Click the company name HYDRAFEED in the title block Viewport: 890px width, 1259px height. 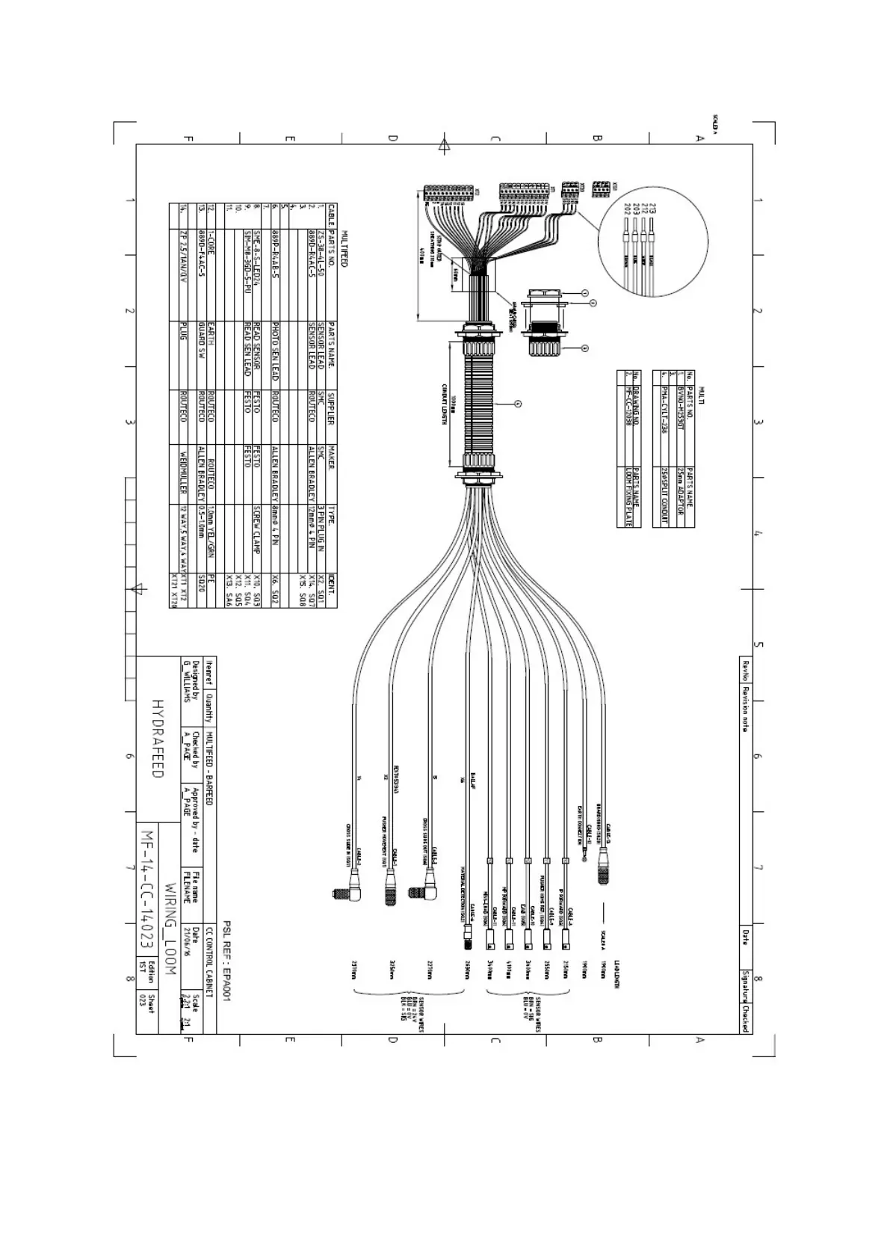(x=158, y=739)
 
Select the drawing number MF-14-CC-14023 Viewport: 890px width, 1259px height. (x=147, y=886)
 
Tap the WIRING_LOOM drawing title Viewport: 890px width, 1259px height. (x=170, y=928)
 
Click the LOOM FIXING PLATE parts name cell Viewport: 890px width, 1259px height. (x=628, y=498)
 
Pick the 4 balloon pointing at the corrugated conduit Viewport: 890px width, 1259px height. (x=518, y=404)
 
